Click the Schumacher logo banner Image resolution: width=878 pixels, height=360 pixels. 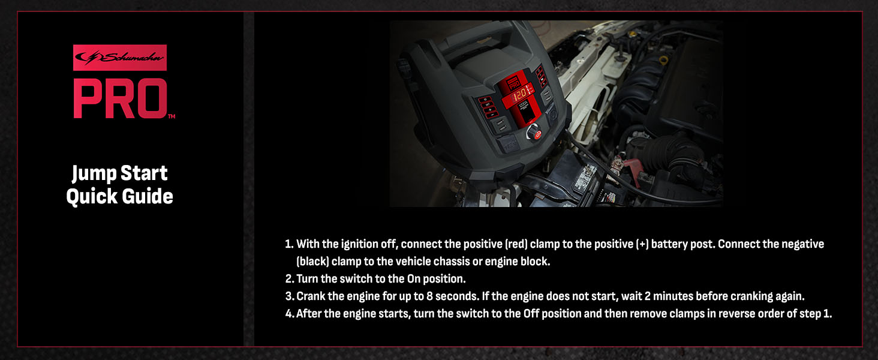119,58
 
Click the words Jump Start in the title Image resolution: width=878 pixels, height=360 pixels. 119,173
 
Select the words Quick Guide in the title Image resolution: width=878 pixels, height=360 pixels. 119,196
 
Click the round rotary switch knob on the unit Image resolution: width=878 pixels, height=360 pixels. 533,133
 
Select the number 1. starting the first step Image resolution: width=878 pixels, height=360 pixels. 288,245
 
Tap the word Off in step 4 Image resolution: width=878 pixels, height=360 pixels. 531,314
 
